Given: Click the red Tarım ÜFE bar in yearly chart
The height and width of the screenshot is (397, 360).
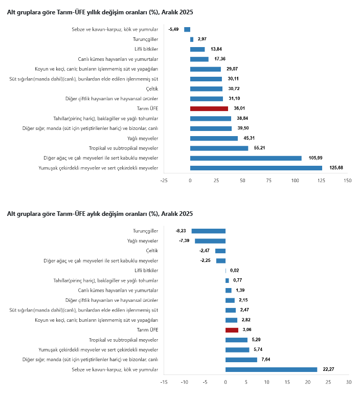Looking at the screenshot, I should point(209,108).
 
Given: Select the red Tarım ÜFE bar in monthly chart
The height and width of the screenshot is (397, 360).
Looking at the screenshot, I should point(232,330).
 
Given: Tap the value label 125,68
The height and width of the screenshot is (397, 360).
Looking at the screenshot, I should point(335,168).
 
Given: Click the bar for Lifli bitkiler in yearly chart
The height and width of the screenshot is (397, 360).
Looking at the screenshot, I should point(197,49).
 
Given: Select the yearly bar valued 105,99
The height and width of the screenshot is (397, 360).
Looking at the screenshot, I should point(245,158).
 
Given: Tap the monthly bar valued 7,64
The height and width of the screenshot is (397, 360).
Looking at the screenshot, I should point(241,360).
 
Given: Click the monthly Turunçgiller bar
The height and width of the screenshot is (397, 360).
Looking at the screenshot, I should point(208,231).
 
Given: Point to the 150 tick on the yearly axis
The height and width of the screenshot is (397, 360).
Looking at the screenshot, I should point(348,181).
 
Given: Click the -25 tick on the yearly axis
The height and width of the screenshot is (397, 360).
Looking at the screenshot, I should point(164,181).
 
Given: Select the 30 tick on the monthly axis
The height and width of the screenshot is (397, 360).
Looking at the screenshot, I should point(349,382).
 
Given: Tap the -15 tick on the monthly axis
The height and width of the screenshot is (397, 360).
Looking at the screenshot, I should point(164,382).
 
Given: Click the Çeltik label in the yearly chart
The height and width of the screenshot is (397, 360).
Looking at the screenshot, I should point(151,89).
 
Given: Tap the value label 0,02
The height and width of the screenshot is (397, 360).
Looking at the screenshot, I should point(235,271).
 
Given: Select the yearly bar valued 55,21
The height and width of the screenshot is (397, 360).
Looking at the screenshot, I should point(219,148).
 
